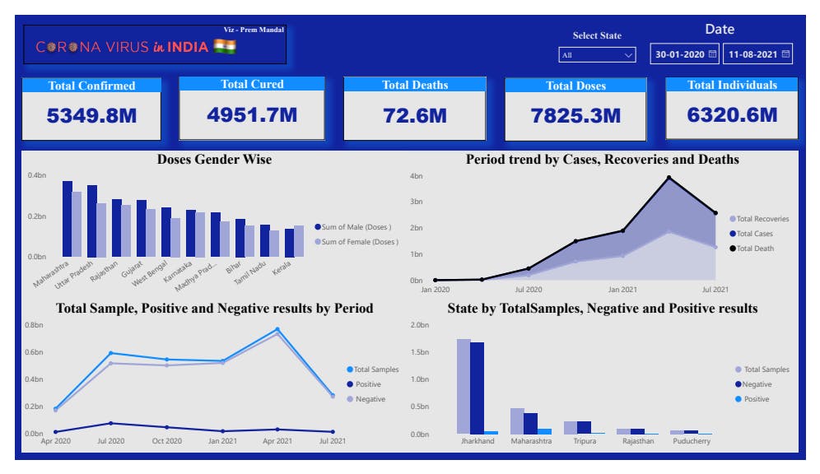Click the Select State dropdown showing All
click(597, 55)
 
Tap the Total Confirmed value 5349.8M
click(91, 116)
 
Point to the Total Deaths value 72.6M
click(415, 116)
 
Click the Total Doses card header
click(575, 86)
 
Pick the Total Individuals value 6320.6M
click(732, 115)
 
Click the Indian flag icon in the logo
click(225, 47)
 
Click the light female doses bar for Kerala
click(298, 241)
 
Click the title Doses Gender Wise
click(214, 160)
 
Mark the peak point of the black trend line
click(669, 177)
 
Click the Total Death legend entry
click(756, 248)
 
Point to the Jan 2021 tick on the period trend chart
click(622, 290)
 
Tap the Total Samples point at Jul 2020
click(110, 353)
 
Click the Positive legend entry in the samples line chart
click(367, 384)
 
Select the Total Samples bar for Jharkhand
click(464, 386)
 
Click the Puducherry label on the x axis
click(690, 441)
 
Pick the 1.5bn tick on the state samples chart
click(420, 352)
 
